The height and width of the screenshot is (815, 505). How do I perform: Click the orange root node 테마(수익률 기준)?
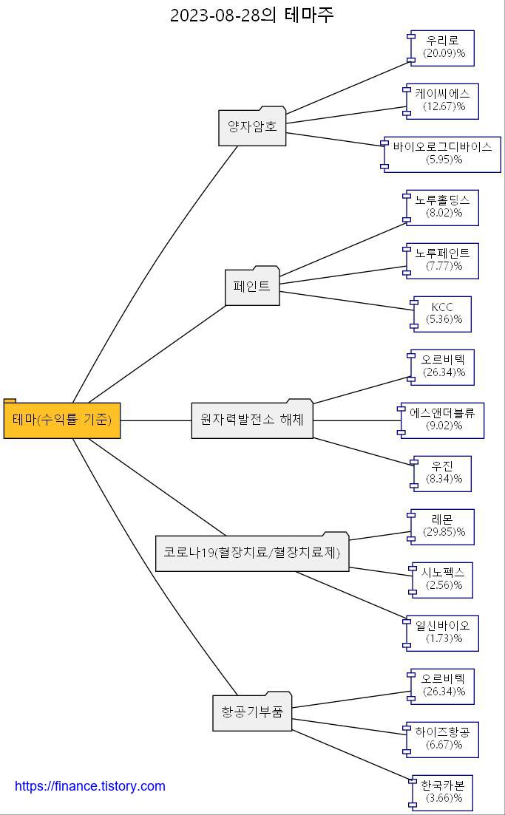(62, 420)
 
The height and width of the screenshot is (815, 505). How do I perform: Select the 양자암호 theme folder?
(252, 127)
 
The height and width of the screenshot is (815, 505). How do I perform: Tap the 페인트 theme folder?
(252, 286)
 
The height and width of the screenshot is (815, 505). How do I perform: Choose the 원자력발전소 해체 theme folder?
(252, 420)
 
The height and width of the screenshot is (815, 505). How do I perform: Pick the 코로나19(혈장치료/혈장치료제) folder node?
(252, 553)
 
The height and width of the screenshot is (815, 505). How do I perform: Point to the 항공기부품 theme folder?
(252, 712)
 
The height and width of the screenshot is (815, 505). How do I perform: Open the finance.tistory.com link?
(90, 786)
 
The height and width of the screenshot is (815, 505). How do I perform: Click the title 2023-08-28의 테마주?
(252, 15)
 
